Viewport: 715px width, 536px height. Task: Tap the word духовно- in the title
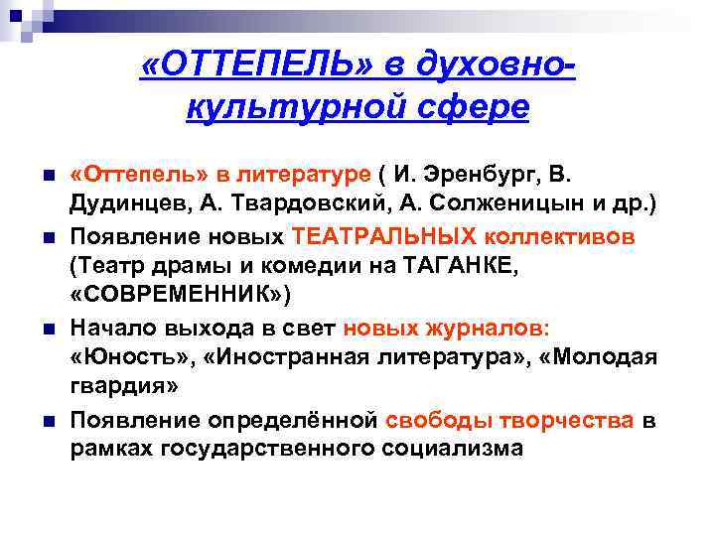482,67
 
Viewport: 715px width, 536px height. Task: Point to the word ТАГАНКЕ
457,266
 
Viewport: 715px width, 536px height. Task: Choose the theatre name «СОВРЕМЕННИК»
178,296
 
